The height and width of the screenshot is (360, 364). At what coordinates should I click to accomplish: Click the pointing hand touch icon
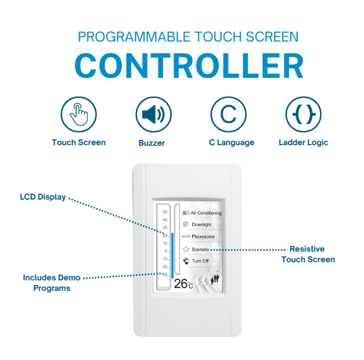click(x=79, y=114)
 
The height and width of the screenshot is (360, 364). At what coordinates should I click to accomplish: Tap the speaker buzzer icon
click(x=154, y=114)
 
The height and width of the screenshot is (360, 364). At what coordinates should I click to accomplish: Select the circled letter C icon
click(x=229, y=114)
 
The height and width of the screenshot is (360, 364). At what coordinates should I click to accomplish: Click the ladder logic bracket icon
click(x=304, y=114)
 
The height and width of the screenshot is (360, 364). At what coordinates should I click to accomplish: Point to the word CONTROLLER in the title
click(x=189, y=66)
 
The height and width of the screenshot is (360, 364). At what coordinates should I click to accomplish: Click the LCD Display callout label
click(x=43, y=197)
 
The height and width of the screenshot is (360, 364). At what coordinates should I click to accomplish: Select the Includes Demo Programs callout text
click(x=52, y=283)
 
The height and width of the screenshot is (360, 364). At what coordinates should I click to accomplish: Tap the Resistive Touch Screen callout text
click(x=308, y=254)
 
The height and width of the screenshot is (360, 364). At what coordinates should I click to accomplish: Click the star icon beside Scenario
click(x=186, y=249)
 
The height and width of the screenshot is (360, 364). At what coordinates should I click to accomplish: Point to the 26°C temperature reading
click(x=183, y=283)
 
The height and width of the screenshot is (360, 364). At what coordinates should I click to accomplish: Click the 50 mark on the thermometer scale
click(x=165, y=212)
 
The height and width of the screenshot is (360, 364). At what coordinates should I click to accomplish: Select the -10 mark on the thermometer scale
click(x=164, y=259)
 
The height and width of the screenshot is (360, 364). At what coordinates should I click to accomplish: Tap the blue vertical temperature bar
click(x=172, y=255)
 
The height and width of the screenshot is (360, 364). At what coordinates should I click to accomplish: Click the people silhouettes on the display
click(x=215, y=279)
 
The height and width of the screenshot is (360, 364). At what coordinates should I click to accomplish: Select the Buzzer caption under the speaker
click(x=152, y=143)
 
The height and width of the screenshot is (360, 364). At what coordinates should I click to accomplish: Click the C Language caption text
click(x=232, y=142)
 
